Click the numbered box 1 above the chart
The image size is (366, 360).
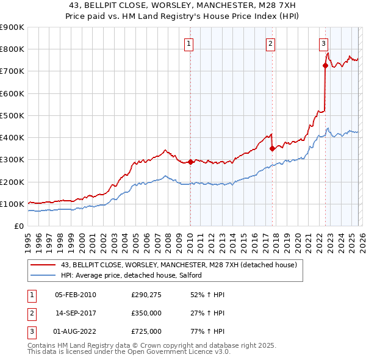[x=189, y=43]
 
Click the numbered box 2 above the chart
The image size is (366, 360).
[x=270, y=43]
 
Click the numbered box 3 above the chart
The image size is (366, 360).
[x=323, y=43]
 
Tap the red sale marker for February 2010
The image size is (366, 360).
[x=190, y=162]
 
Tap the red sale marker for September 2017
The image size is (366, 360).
[x=272, y=148]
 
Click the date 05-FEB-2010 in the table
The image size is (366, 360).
[x=76, y=295]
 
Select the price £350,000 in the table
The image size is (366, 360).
[x=146, y=313]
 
